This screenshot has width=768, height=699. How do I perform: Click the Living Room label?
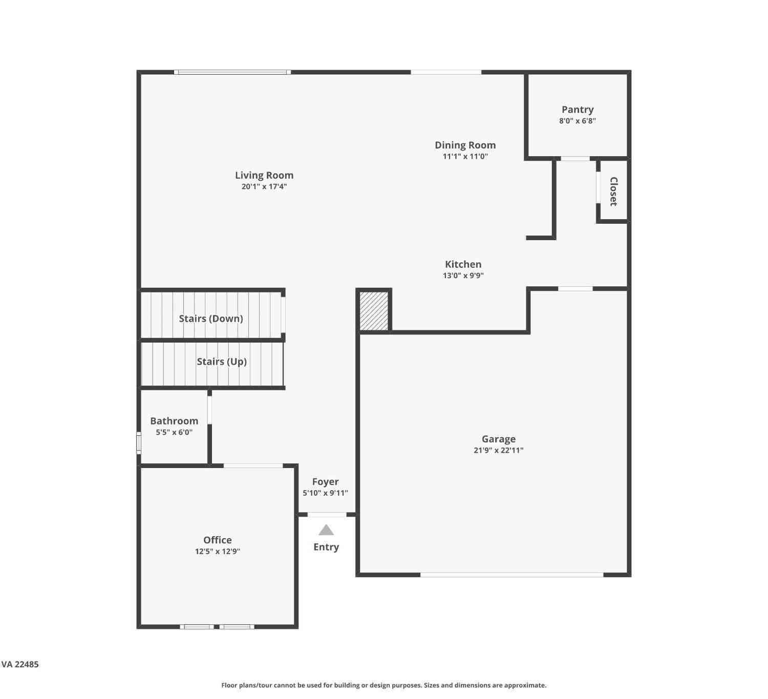click(x=264, y=176)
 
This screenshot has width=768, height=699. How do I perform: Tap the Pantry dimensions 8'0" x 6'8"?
click(x=578, y=121)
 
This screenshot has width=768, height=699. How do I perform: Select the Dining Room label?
click(x=465, y=145)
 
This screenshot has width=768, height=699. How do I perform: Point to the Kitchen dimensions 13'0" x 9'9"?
click(x=463, y=276)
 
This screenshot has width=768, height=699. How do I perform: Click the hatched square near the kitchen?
click(x=374, y=311)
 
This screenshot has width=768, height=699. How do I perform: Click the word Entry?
click(x=326, y=547)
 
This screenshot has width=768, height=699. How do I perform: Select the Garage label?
click(x=499, y=439)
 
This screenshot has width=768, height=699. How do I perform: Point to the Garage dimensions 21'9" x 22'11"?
click(x=499, y=451)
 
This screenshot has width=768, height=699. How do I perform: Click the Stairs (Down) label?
click(x=211, y=319)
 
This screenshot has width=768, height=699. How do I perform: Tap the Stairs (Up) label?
click(x=222, y=362)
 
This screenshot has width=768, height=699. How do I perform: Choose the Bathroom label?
click(x=174, y=421)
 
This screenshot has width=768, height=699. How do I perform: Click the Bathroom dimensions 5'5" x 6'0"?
click(x=174, y=432)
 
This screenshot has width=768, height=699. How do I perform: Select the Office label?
click(x=218, y=540)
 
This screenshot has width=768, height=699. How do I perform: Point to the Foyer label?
click(x=326, y=482)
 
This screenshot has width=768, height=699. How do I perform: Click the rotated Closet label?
click(x=614, y=192)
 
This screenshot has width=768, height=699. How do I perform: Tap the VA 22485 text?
click(x=20, y=665)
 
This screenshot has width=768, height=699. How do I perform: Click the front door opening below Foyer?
click(x=327, y=514)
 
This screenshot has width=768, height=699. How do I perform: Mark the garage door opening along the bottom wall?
click(x=512, y=575)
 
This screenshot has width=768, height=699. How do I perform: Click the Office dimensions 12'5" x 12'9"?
click(x=218, y=552)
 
